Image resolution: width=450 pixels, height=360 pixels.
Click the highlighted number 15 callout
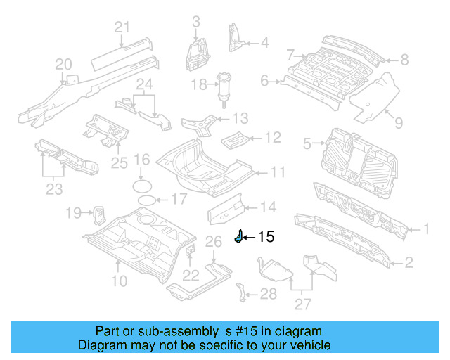click(266, 237)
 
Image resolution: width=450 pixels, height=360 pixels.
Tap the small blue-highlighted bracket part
click(238, 238)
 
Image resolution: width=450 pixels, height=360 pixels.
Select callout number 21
click(123, 27)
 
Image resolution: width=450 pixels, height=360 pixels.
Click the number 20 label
click(64, 65)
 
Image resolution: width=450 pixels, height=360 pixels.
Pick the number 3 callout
click(195, 21)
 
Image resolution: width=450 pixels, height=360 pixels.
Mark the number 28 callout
click(268, 294)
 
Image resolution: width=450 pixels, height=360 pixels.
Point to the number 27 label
click(303, 304)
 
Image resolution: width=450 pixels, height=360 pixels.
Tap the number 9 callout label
click(399, 123)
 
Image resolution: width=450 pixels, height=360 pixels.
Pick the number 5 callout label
click(307, 144)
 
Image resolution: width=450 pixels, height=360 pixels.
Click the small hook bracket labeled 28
click(242, 291)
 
